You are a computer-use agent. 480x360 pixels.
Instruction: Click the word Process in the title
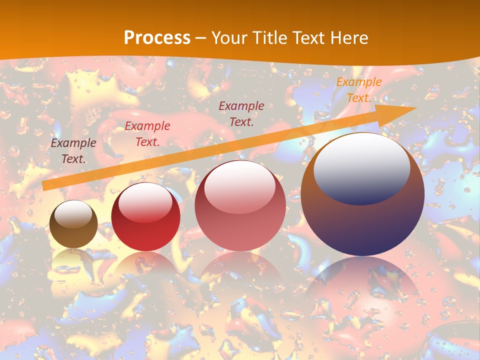pyautogui.click(x=157, y=38)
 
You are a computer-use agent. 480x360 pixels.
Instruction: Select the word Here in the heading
pyautogui.click(x=348, y=38)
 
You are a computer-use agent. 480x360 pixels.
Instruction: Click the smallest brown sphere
pyautogui.click(x=73, y=224)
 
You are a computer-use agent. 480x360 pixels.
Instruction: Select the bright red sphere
pyautogui.click(x=145, y=216)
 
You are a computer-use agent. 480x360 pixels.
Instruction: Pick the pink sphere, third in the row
pyautogui.click(x=240, y=205)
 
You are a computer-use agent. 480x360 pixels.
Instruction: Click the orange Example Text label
pyautogui.click(x=358, y=90)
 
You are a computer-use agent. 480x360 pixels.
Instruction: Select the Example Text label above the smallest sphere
pyautogui.click(x=73, y=151)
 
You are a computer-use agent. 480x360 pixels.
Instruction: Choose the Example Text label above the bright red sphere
pyautogui.click(x=147, y=134)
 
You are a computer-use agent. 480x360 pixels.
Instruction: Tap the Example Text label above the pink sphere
pyautogui.click(x=241, y=113)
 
